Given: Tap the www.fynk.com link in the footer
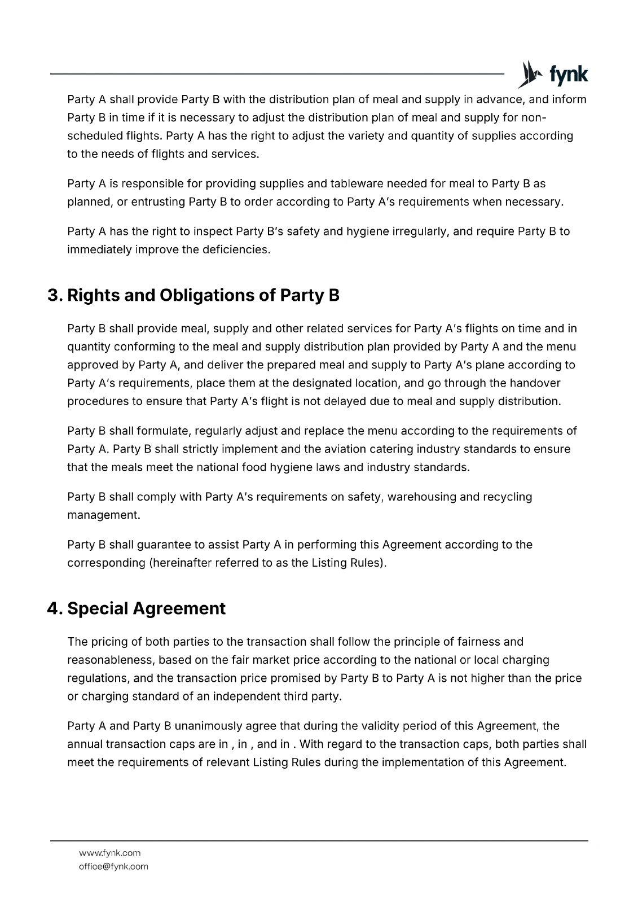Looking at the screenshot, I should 109,853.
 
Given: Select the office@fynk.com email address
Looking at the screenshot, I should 113,866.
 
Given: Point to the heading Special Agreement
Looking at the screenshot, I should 146,608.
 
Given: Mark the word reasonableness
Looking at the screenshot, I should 109,660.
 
